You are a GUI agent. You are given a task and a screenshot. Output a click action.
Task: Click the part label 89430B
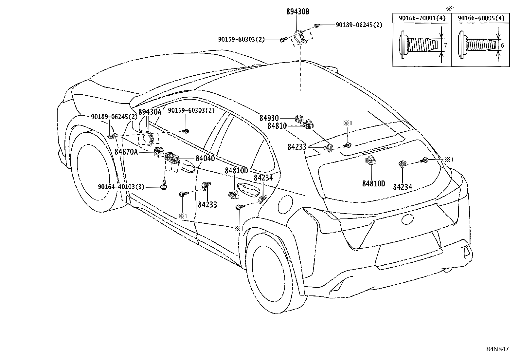point(298,12)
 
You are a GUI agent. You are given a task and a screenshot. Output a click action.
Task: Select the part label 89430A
point(150,112)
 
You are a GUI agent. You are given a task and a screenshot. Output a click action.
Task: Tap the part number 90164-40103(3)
point(121,187)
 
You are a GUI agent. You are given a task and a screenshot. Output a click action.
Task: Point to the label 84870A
point(126,152)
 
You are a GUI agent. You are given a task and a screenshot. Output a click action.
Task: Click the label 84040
point(205,158)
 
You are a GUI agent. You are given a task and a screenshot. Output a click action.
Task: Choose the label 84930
point(269,118)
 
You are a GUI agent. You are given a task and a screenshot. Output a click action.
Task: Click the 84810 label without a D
point(277,126)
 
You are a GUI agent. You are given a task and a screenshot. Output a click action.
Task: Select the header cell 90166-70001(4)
point(422,18)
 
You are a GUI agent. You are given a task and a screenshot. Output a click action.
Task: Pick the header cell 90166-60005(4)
point(481,18)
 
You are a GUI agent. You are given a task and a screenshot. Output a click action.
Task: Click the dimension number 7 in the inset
point(446,45)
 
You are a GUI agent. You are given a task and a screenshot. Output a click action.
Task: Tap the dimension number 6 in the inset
point(502,45)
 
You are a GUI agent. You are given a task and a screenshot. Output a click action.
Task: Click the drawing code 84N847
point(497,349)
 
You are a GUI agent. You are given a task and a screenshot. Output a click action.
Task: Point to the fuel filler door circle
point(285,204)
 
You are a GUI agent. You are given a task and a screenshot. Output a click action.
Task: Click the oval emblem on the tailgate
point(407,219)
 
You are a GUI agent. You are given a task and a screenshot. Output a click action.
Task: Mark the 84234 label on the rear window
point(403,187)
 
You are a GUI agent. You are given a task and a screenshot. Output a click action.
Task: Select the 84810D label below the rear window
point(374,184)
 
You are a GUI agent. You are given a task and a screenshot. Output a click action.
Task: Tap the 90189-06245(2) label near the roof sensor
point(359,25)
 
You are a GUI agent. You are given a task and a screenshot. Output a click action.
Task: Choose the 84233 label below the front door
point(207,205)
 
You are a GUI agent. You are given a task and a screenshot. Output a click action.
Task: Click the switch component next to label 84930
point(299,119)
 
